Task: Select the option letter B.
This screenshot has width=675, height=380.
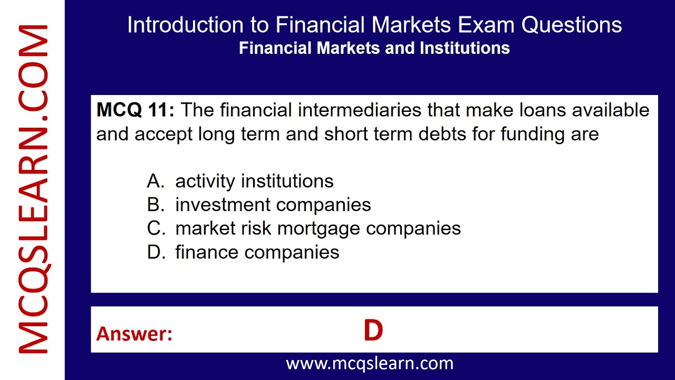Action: [156, 205]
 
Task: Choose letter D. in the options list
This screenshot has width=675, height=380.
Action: [156, 252]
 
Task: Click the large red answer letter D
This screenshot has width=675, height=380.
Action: [373, 331]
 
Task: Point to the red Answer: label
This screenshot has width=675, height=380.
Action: [134, 334]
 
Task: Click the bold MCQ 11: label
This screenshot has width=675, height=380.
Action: [135, 110]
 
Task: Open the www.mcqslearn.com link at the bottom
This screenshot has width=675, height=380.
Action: [369, 363]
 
